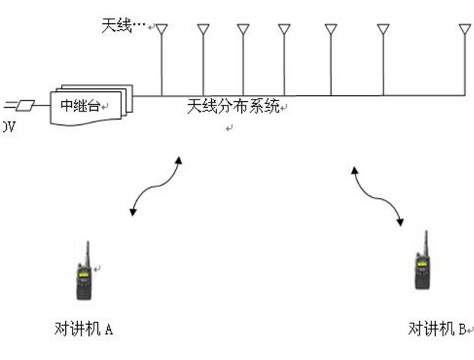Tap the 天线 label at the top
[x=117, y=26]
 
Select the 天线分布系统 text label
[x=233, y=106]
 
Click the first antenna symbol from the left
[x=162, y=30]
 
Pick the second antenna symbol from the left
[x=204, y=30]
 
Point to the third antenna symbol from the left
[x=243, y=30]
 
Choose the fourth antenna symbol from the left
[x=284, y=30]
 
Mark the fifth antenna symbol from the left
[x=331, y=30]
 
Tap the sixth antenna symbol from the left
[x=383, y=30]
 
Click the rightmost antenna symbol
[x=465, y=30]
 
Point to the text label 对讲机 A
[x=84, y=328]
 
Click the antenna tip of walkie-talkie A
[x=87, y=243]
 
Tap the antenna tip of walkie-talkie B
[x=426, y=233]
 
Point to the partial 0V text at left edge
[x=7, y=128]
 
